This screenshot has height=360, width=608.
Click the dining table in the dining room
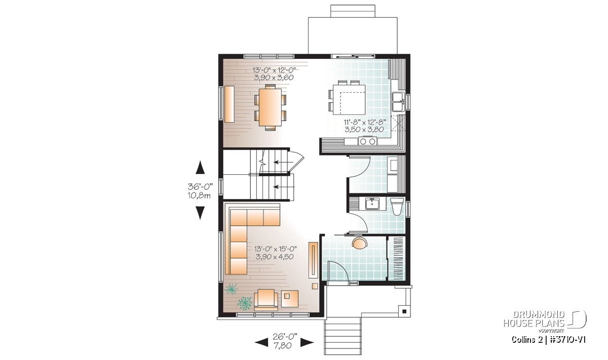point(271,107)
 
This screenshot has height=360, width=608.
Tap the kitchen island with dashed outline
point(349,100)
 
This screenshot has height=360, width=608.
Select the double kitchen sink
point(398,102)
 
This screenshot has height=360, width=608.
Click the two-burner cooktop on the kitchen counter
point(367,141)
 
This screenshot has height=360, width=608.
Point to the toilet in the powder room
point(397,207)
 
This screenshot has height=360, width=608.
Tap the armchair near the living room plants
point(266,300)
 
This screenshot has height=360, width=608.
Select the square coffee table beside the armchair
point(290,299)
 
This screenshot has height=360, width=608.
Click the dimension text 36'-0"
point(200,187)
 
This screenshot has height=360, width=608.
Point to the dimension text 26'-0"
point(285,337)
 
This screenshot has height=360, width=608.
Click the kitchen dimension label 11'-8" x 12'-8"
point(365,122)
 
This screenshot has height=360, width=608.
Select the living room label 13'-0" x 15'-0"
point(276,249)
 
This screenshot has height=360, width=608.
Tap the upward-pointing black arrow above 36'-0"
point(200,167)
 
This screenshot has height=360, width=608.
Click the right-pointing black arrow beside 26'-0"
point(307,342)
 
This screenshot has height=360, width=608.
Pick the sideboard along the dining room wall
point(230,104)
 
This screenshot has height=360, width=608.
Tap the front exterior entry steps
point(343,336)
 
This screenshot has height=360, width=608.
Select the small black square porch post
point(404,311)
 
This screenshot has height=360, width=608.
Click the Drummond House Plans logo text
point(534,319)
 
